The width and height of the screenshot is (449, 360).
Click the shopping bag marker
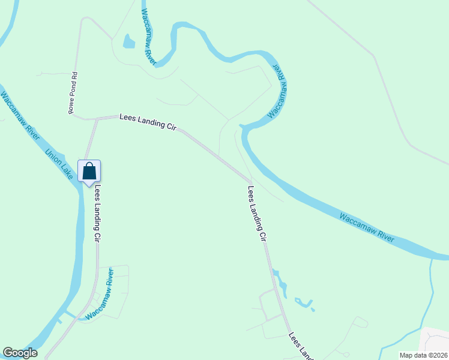[x=89, y=172]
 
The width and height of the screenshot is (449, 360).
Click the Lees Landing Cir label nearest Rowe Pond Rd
[x=146, y=124]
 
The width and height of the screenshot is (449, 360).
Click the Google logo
[x=20, y=353]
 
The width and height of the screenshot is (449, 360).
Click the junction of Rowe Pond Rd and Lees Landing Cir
[x=96, y=119]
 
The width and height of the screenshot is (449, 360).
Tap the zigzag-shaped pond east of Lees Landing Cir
[x=304, y=304]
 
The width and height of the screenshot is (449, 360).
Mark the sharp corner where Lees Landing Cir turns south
[x=250, y=182]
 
